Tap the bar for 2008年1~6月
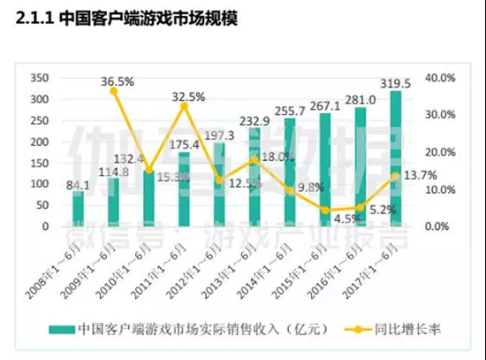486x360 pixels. (78, 209)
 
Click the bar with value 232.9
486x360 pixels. (254, 177)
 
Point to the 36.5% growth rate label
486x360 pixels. (118, 81)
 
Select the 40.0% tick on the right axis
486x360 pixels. (439, 78)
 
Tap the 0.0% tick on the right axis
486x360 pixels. (439, 226)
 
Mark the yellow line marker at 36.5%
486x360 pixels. (113, 91)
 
